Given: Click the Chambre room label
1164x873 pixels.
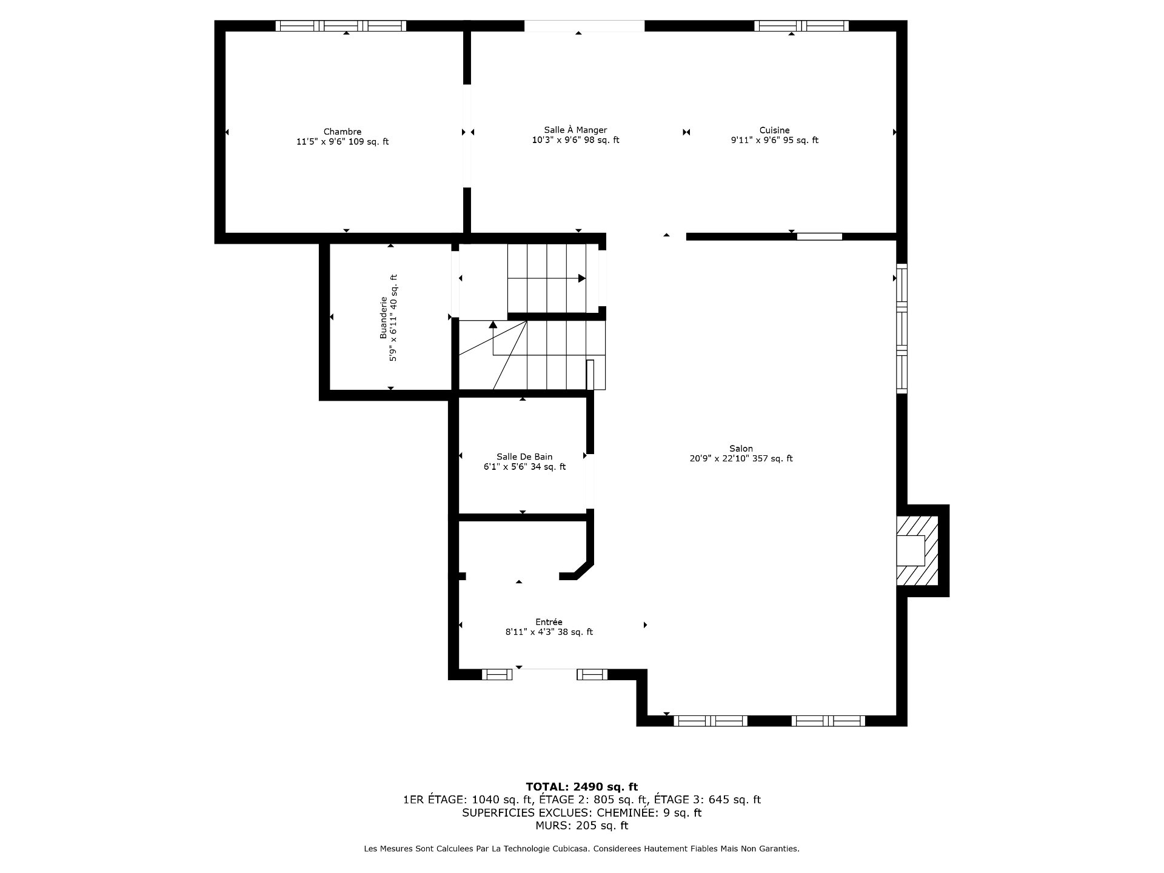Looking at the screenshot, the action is pyautogui.click(x=343, y=132).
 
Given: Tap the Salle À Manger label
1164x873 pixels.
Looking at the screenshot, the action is pyautogui.click(x=575, y=130).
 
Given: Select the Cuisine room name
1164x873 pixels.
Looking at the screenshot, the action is pyautogui.click(x=775, y=130).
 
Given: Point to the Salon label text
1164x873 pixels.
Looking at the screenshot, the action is pyautogui.click(x=741, y=449).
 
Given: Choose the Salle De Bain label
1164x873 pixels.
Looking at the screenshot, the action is pyautogui.click(x=524, y=457).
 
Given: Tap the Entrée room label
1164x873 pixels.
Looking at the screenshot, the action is pyautogui.click(x=549, y=621).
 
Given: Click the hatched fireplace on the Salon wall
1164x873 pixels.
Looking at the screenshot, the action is pyautogui.click(x=917, y=550).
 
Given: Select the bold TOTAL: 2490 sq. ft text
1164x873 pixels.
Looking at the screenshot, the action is pyautogui.click(x=581, y=787).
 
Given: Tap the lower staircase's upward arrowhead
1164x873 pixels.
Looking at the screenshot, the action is pyautogui.click(x=493, y=324).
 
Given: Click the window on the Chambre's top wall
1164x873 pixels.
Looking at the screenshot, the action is pyautogui.click(x=341, y=25).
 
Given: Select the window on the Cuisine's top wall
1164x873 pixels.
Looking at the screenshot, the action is pyautogui.click(x=801, y=25).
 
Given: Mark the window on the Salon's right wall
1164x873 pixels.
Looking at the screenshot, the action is pyautogui.click(x=902, y=329).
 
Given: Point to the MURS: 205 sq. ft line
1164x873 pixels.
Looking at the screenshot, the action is pyautogui.click(x=581, y=826).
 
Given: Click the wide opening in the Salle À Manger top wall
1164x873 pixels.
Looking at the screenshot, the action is pyautogui.click(x=584, y=25).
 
